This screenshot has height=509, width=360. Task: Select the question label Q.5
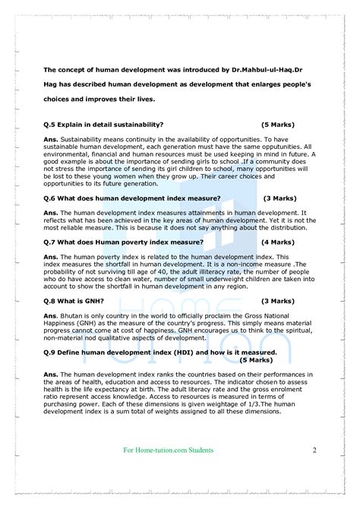[52, 124]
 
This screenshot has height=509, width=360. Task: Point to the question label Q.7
[52, 242]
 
